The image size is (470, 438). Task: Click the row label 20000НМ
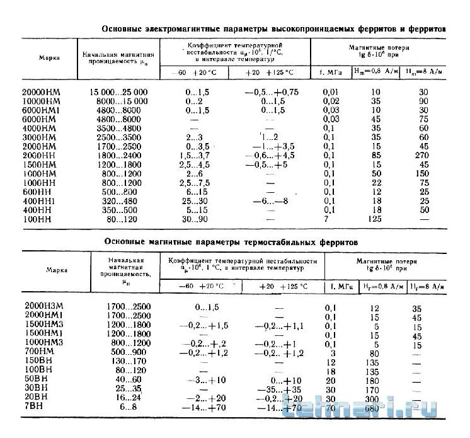[42, 92]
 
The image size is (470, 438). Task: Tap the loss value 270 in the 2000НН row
[423, 156]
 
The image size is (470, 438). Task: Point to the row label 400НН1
[40, 200]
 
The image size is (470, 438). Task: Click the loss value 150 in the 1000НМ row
[423, 173]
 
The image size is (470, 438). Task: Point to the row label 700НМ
[44, 353]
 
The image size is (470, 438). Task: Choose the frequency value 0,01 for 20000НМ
[331, 92]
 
